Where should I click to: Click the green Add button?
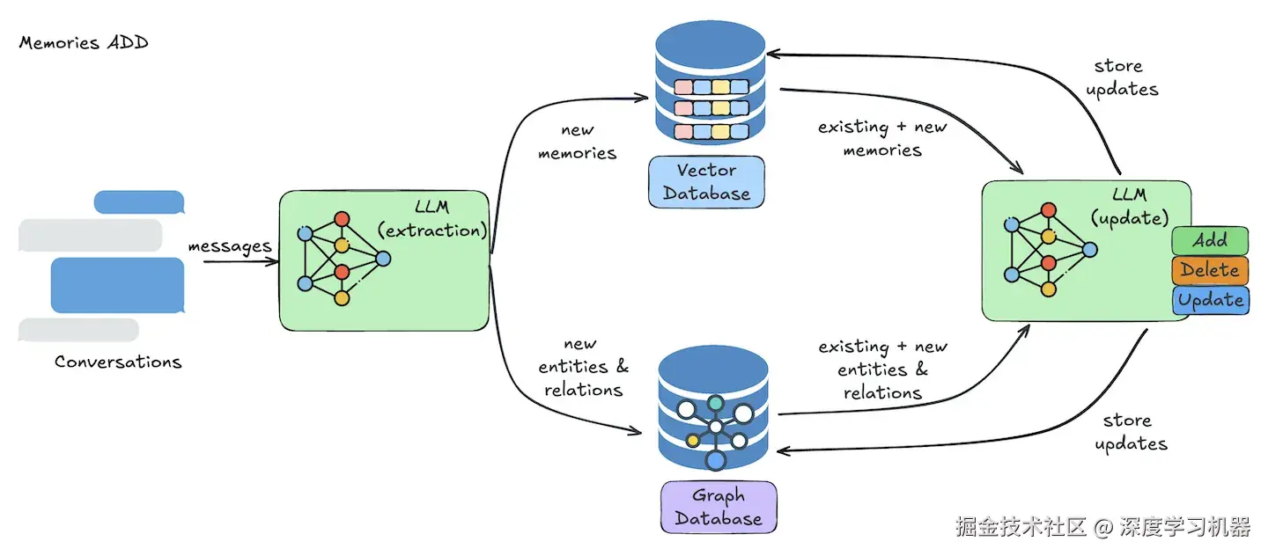point(1210,240)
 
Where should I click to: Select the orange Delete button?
point(1210,270)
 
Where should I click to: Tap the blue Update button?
point(1210,300)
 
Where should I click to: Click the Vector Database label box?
point(706,182)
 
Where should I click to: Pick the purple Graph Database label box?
point(719,507)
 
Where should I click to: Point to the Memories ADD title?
point(84,42)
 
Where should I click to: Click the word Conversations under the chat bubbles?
point(118,362)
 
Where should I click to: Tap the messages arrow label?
point(230,246)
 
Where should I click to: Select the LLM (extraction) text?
point(431,219)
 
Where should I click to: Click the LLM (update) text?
point(1129,207)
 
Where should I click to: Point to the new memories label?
point(577,142)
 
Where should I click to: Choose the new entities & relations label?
point(583,367)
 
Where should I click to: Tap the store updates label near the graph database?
point(1131,432)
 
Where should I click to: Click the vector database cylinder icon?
point(711,83)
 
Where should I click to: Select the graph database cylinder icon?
point(713,408)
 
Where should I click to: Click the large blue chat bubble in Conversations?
point(118,285)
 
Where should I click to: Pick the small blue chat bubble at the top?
point(139,202)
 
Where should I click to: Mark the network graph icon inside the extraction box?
point(343,259)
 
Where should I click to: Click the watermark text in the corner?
point(1102,527)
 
